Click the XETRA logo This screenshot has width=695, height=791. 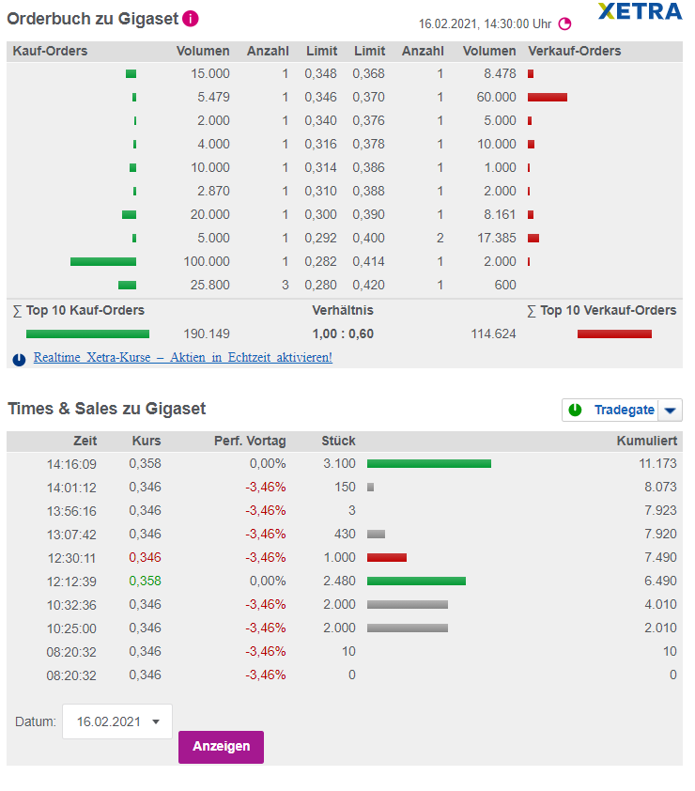click(640, 12)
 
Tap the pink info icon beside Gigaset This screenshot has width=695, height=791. click(191, 18)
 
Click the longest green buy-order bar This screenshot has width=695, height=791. click(103, 261)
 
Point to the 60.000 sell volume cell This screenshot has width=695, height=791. click(496, 97)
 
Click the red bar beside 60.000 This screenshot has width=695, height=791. click(548, 97)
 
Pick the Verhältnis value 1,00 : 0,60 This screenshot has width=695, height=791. click(343, 333)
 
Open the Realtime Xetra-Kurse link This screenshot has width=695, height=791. click(182, 358)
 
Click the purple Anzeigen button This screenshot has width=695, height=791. click(221, 746)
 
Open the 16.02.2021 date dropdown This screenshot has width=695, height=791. click(117, 721)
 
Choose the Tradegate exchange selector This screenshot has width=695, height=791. click(622, 410)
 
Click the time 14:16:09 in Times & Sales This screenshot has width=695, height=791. click(71, 464)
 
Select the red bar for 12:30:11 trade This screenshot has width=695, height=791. click(387, 557)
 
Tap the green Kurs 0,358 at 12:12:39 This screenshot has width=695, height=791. click(145, 581)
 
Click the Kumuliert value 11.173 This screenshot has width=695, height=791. click(656, 464)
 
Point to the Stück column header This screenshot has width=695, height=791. click(338, 441)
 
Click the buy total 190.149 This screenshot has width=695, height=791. click(208, 333)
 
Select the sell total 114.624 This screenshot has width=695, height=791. click(493, 333)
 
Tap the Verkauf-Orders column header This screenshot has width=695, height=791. click(575, 51)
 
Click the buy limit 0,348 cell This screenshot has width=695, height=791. click(320, 73)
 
